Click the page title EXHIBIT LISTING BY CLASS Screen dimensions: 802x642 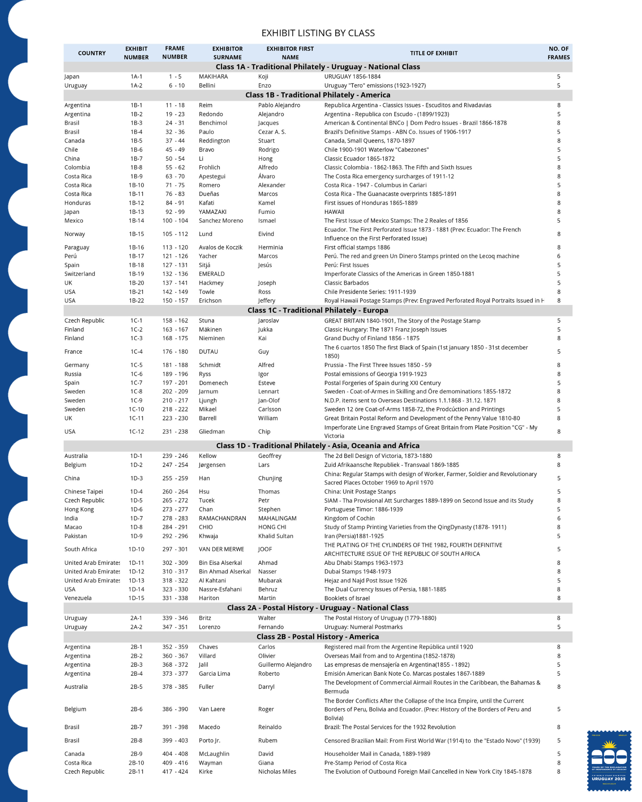318,33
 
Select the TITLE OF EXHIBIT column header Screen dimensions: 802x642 434,53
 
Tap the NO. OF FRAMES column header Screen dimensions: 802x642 558,53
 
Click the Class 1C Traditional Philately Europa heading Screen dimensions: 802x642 318,310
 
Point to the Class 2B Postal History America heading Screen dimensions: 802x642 318,636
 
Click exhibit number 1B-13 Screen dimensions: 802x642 136,212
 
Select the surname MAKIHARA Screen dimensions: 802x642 213,76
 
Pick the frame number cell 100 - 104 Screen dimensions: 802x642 175,221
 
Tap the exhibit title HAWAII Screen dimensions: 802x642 334,212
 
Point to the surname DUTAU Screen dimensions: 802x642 208,351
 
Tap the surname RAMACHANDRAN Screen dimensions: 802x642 222,518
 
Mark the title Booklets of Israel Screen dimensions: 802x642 347,598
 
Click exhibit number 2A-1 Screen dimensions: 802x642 136,618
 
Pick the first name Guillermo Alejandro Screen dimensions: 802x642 285,665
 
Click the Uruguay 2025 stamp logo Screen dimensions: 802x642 609,761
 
